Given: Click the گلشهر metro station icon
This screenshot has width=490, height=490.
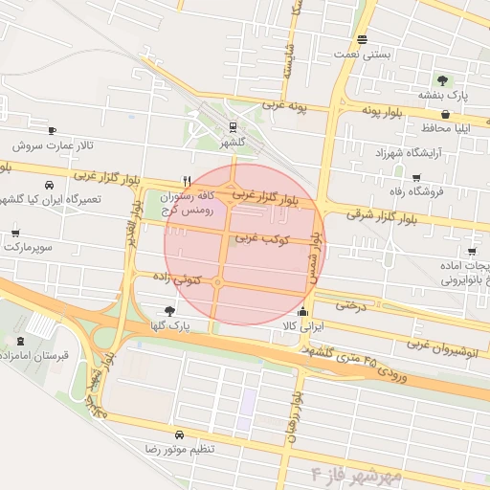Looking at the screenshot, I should [233, 126].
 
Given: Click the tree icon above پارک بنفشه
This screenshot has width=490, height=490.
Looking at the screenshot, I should [442, 80].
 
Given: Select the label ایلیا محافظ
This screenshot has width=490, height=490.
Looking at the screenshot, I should [446, 128].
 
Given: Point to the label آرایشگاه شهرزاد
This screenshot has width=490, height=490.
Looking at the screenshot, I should [387, 153].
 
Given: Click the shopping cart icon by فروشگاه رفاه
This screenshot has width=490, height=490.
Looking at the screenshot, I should [415, 177].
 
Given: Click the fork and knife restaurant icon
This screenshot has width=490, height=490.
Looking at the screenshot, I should [188, 180].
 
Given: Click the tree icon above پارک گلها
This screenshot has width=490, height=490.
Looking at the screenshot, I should [170, 310].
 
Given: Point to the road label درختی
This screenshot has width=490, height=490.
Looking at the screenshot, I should [350, 305].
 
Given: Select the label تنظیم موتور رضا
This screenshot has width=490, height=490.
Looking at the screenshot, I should [180, 448].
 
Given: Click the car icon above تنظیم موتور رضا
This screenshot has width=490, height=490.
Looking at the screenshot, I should [180, 434].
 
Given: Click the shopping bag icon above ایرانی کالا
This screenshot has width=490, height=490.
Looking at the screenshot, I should [303, 311].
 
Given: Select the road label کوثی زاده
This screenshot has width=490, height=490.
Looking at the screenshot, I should [180, 278].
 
